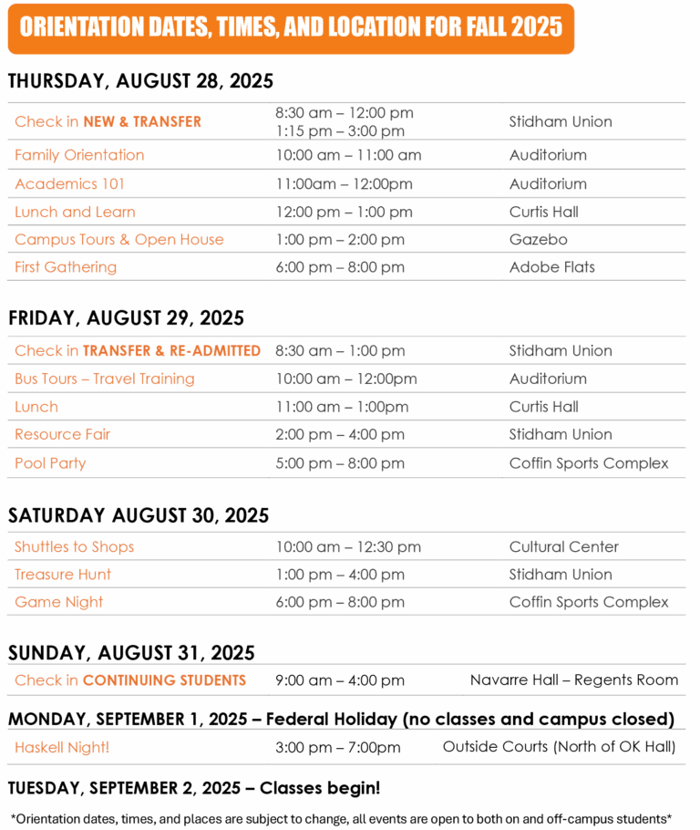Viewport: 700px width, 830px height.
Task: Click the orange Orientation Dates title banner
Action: click(291, 27)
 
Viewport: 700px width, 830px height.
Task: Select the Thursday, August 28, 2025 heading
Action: click(140, 81)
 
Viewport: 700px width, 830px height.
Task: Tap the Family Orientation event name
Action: click(79, 155)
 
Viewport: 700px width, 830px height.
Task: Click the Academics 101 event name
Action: click(70, 184)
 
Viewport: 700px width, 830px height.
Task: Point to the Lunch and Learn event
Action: click(75, 213)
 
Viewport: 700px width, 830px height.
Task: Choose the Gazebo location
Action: click(538, 240)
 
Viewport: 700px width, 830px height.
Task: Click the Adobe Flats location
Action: click(551, 267)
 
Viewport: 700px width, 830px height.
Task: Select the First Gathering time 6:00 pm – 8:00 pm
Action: click(340, 267)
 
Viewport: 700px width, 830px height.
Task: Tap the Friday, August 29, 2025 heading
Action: click(126, 318)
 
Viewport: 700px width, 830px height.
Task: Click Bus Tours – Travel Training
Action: click(105, 379)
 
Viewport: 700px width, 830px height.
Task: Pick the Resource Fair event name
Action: click(63, 434)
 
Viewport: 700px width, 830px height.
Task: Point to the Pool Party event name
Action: click(50, 463)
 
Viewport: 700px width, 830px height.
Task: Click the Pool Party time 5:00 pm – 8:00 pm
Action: click(340, 463)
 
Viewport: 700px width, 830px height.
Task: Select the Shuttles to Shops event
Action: click(74, 547)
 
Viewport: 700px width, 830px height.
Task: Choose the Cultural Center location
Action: click(563, 547)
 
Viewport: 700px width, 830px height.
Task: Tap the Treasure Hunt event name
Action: click(63, 575)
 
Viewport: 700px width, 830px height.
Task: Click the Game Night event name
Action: click(58, 602)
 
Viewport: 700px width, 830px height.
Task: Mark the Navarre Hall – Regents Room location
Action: click(574, 680)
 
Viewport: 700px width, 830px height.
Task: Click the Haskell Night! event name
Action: click(62, 748)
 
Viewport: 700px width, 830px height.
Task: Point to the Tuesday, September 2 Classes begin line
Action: click(194, 787)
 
